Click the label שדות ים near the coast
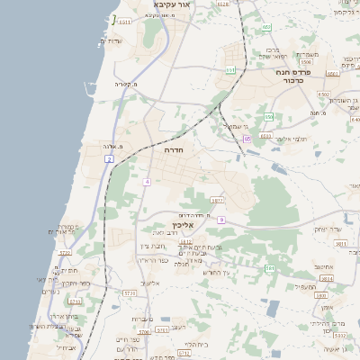click(x=111, y=40)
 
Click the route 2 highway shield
click(x=109, y=158)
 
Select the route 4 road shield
click(x=146, y=182)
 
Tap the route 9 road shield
click(x=220, y=220)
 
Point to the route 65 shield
click(x=247, y=139)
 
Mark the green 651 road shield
click(x=230, y=69)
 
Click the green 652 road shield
click(x=266, y=27)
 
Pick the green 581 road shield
click(x=269, y=268)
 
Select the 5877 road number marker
click(x=217, y=201)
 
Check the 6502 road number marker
click(x=324, y=94)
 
